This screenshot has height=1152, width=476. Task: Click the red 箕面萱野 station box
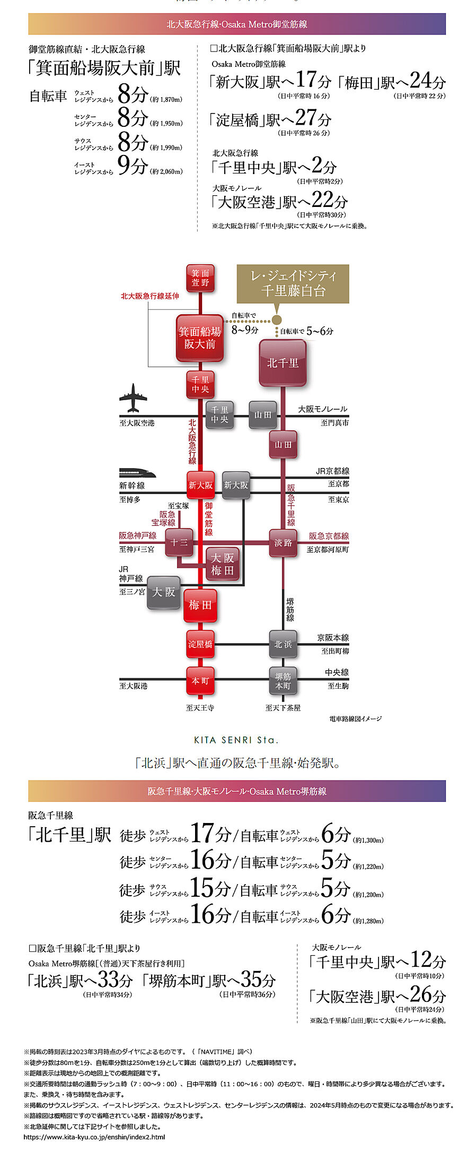pos(200,278)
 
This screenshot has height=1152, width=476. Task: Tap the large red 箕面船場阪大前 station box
pos(200,338)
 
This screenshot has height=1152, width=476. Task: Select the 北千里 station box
pos(283,363)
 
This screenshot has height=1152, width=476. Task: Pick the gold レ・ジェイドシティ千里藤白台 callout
pos(293,283)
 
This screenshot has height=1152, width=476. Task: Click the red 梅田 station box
pos(200,605)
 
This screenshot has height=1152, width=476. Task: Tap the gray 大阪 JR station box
pos(163,592)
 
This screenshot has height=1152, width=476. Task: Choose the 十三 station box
pos(179,542)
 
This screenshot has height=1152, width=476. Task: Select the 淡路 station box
pos(283,542)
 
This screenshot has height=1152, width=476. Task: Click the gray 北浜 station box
pos(283,644)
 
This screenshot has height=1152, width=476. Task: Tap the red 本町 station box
pos(200,681)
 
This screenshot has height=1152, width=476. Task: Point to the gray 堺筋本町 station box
pos(283,681)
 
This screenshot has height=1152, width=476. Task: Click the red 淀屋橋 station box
pos(200,644)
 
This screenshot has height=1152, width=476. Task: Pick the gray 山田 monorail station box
pos(263,415)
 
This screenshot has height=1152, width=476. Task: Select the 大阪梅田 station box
pos(222,564)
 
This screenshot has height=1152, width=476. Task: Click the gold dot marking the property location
pos(277,320)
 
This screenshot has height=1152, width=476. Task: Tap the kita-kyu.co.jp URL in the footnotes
pos(94,1137)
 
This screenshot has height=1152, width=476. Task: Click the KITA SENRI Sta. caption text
pos(236,740)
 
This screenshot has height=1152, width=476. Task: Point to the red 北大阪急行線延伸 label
pos(150,296)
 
